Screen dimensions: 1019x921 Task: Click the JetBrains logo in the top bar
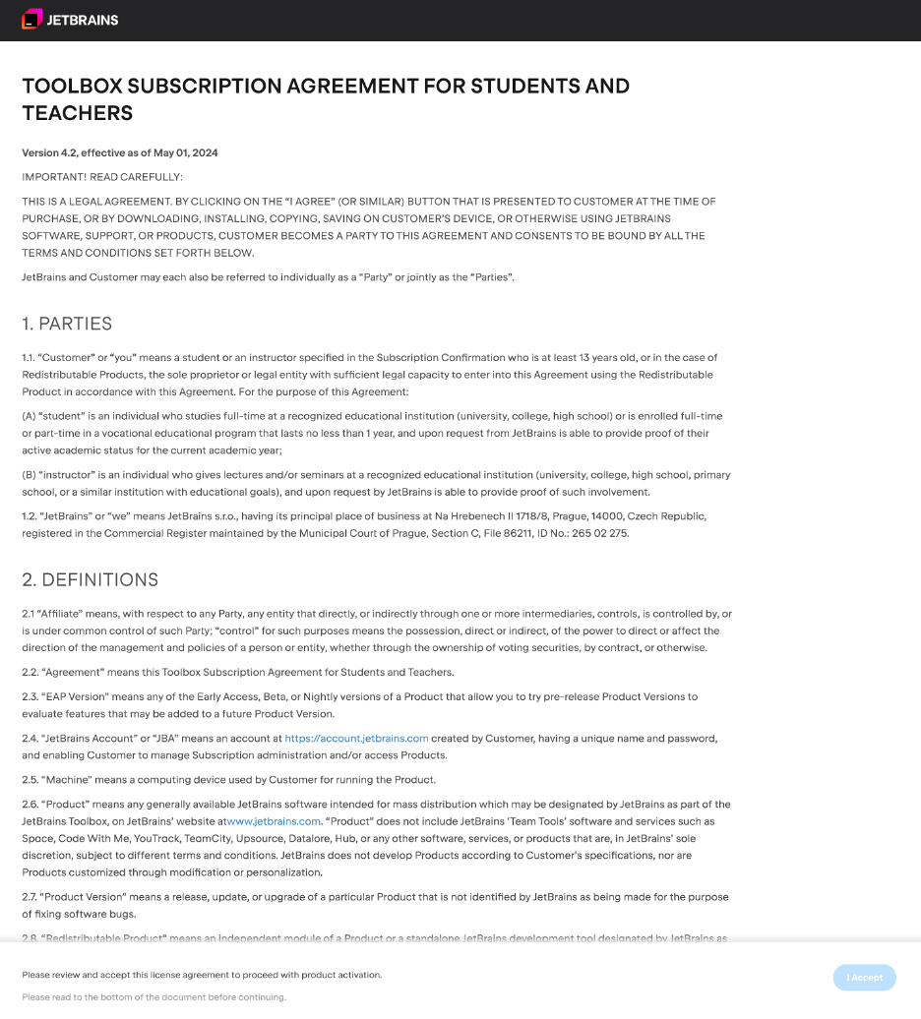[x=70, y=20]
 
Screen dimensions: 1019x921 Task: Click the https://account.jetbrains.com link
[x=356, y=738]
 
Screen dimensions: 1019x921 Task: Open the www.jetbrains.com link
[x=274, y=821]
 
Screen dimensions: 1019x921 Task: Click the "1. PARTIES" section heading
[x=67, y=324]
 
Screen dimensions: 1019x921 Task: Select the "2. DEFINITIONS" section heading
[x=90, y=579]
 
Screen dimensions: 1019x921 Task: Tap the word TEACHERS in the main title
[x=77, y=113]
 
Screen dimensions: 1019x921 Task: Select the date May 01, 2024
[x=186, y=152]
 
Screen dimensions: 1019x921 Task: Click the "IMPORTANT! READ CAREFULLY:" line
[x=102, y=177]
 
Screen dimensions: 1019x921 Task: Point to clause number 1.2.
[x=30, y=516]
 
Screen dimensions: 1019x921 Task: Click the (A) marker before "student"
[x=30, y=416]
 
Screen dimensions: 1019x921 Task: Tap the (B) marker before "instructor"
[x=30, y=474]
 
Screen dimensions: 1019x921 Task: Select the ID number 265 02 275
[x=599, y=534]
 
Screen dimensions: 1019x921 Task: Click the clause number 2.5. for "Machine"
[x=31, y=780]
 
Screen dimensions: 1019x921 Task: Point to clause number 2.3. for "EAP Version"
[x=31, y=696]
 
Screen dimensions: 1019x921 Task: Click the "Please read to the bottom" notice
[x=153, y=996]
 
